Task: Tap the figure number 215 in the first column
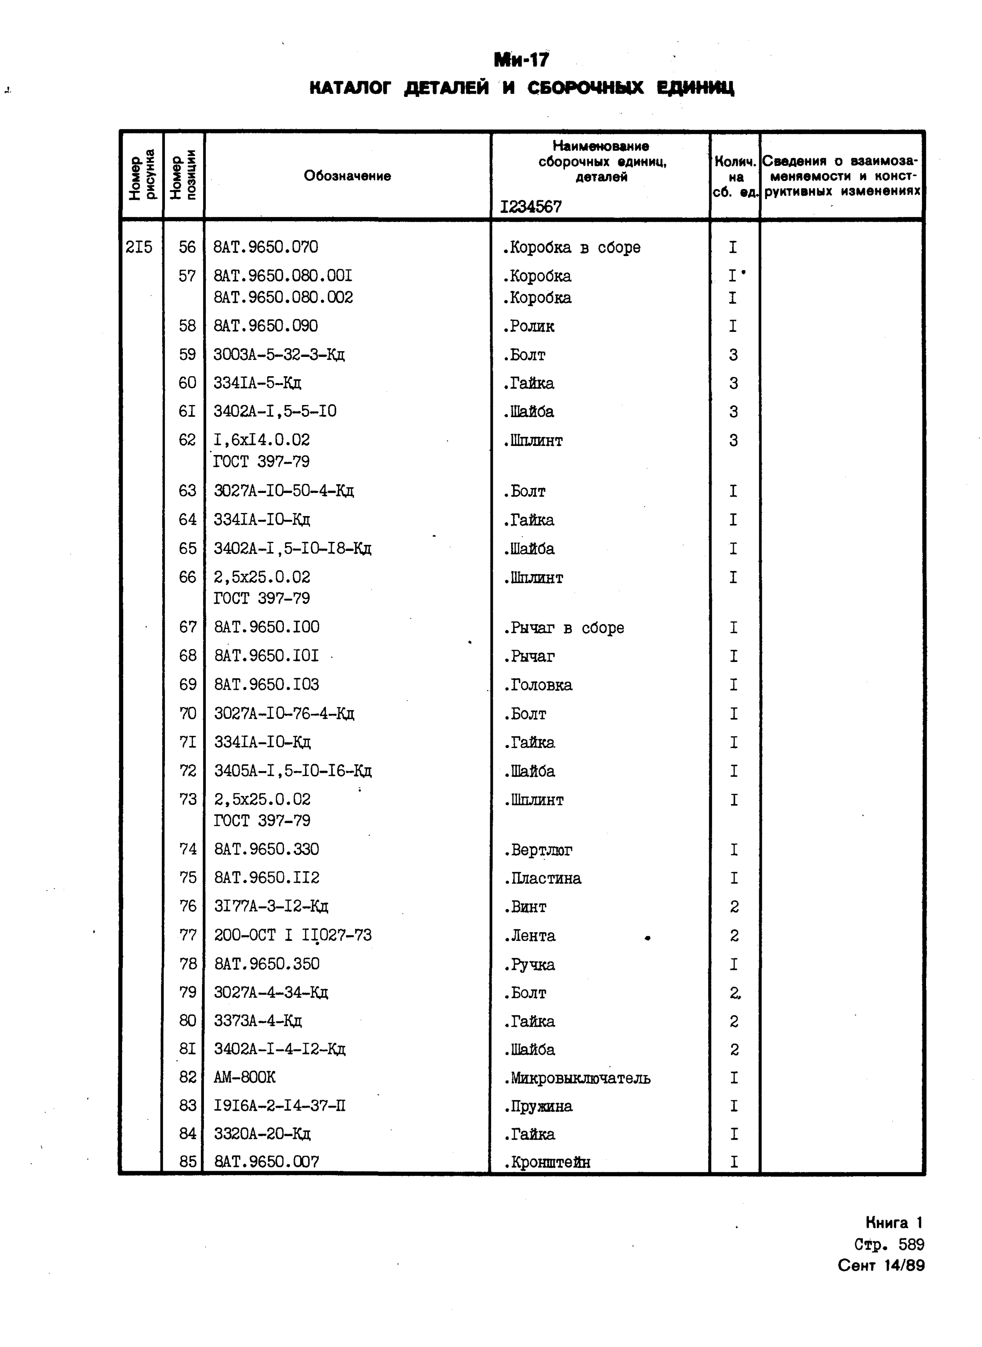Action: coord(139,247)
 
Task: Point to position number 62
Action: coord(187,440)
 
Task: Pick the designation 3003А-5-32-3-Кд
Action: coord(279,355)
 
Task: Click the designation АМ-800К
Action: coord(244,1077)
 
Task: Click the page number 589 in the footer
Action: coord(911,1244)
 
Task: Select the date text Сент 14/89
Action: coord(881,1265)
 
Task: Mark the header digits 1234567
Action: coord(531,207)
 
